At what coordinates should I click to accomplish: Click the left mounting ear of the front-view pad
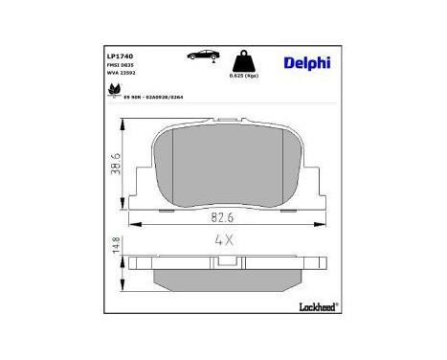point(141,191)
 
